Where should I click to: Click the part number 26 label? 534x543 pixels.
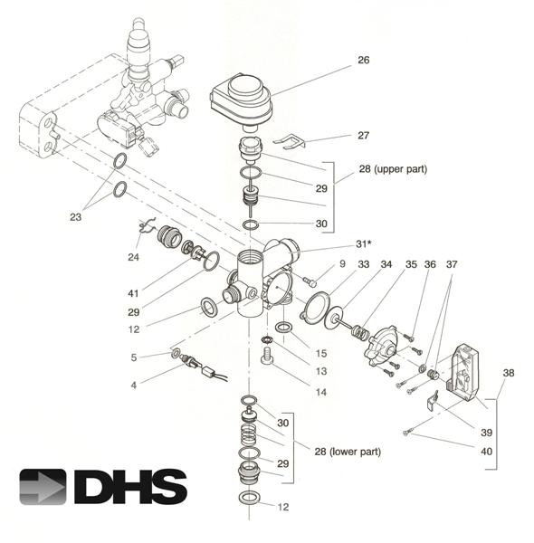[364, 62]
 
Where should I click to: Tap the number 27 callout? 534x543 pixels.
[364, 136]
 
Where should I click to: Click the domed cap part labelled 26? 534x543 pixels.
[243, 97]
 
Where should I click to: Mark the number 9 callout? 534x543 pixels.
[343, 264]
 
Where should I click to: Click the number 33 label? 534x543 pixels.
[364, 264]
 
